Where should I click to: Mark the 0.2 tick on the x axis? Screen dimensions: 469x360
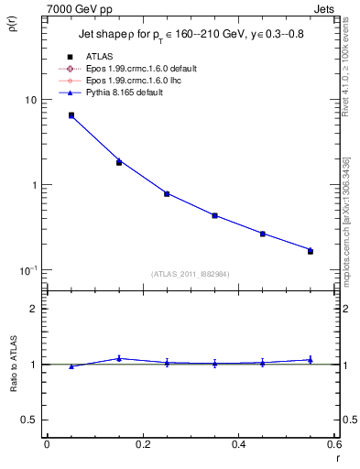click(x=142, y=444)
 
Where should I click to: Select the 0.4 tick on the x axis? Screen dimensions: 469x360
click(x=238, y=444)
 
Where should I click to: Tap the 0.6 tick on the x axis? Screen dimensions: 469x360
click(x=333, y=444)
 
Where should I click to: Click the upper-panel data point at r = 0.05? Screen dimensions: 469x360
click(x=71, y=115)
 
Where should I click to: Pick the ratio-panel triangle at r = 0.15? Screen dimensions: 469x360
click(x=119, y=358)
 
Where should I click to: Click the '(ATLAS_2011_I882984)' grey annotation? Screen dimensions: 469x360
click(x=191, y=274)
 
